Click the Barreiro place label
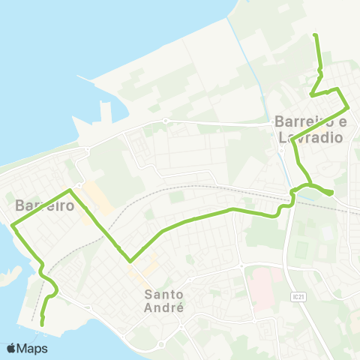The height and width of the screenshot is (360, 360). (44, 204)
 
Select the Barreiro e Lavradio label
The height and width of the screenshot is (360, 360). (310, 129)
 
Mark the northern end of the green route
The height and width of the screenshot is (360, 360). (315, 35)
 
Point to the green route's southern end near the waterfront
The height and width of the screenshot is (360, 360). (42, 323)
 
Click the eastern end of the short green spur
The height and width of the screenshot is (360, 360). (331, 193)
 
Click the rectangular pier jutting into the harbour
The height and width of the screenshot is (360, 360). (104, 113)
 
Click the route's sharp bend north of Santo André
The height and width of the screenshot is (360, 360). (130, 262)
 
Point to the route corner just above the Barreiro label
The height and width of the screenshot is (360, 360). (70, 190)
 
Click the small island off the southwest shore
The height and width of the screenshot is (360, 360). (7, 277)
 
